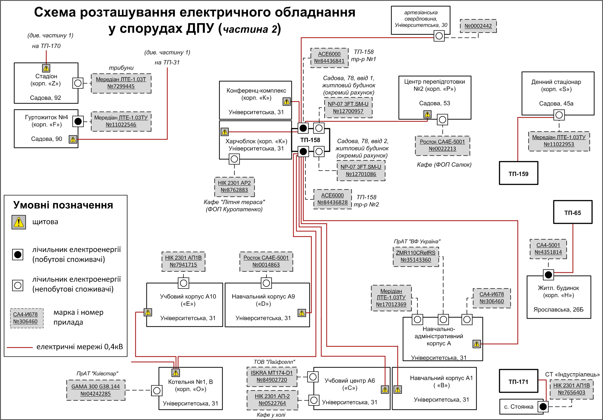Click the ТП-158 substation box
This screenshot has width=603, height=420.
coord(310,140)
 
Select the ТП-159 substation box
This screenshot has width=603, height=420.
coord(518,173)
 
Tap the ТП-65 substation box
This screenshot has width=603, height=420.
coord(572,212)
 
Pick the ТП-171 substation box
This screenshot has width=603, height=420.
coord(518,381)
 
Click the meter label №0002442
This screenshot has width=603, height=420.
coord(478,26)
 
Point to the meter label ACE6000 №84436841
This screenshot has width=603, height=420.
coord(329,58)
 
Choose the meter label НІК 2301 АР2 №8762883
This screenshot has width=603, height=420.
coord(234,186)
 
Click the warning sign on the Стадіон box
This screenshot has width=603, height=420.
coord(46,68)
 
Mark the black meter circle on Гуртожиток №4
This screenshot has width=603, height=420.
coord(78,121)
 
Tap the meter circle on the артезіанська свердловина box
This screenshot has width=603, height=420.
coord(439,36)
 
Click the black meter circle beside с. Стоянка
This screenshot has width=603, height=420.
coord(543,407)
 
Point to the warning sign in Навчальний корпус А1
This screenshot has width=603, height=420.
coord(398,389)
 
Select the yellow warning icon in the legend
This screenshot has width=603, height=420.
coord(19,222)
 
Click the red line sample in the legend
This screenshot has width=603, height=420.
coord(19,347)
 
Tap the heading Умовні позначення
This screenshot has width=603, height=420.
coord(63,205)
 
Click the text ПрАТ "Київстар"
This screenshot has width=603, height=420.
coord(97,373)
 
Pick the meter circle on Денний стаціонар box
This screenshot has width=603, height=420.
coord(559,115)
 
